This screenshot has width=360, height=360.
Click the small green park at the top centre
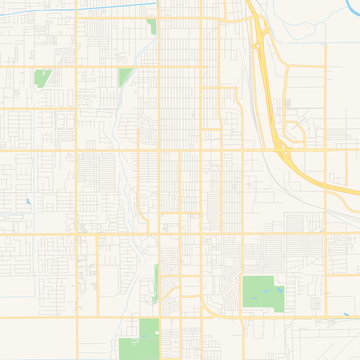(x=151, y=26)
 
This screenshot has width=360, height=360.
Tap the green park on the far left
(x=41, y=77)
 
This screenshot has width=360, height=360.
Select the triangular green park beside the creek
(x=126, y=76)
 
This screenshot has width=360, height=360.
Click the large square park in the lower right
(x=262, y=291)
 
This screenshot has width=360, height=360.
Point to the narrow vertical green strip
(x=157, y=275)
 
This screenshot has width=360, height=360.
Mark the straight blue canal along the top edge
(x=80, y=10)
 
